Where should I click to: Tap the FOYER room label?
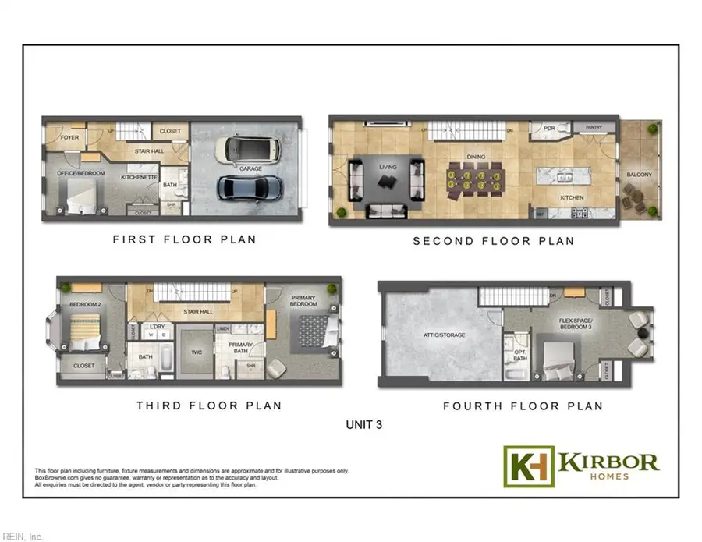pyautogui.click(x=69, y=138)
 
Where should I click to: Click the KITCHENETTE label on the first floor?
pyautogui.click(x=140, y=177)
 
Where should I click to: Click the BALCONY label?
pyautogui.click(x=639, y=175)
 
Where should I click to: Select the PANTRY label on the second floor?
pyautogui.click(x=594, y=127)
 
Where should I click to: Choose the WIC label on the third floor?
pyautogui.click(x=198, y=352)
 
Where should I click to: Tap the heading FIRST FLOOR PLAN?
pyautogui.click(x=184, y=239)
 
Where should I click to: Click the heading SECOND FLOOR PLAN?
pyautogui.click(x=493, y=241)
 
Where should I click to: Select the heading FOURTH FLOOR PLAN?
pyautogui.click(x=523, y=406)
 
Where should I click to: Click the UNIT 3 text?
pyautogui.click(x=364, y=426)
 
